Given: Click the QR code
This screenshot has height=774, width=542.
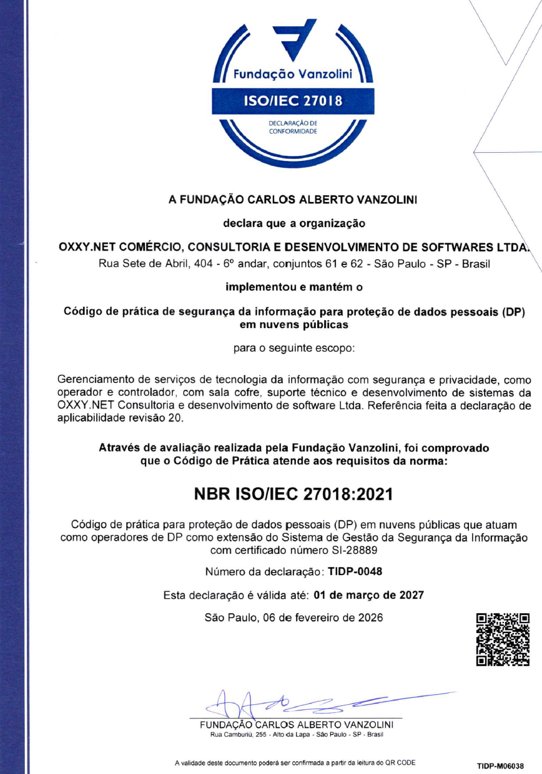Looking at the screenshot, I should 503,639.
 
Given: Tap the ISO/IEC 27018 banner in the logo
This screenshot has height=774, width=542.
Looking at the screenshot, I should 293,100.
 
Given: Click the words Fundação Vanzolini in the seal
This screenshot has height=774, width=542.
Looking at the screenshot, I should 293,75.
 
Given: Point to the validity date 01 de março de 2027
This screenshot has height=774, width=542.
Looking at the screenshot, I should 368,595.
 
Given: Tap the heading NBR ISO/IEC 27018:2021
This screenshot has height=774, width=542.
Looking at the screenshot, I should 293,495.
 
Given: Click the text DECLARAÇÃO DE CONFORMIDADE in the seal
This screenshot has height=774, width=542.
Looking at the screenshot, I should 293,127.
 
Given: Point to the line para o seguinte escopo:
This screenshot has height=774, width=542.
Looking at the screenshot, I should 293,348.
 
